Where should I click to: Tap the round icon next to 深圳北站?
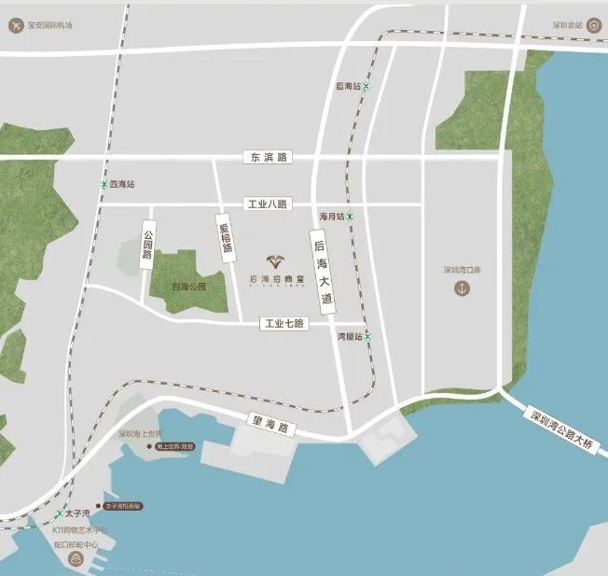[x=594, y=25]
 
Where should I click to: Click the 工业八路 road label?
[x=267, y=204]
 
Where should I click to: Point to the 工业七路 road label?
[x=284, y=323]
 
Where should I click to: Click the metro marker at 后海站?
[x=366, y=86]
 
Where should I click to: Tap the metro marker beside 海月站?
[x=351, y=217]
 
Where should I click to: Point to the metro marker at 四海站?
[x=103, y=185]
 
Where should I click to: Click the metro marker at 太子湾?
[x=60, y=513]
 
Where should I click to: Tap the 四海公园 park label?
[x=188, y=288]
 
